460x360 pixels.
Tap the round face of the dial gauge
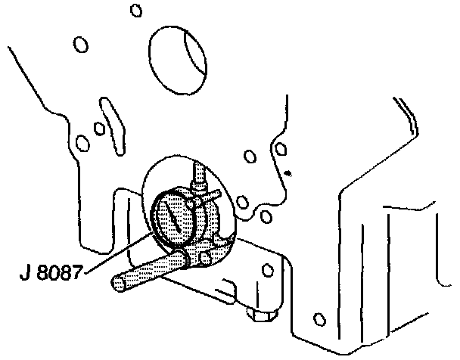tap(176, 219)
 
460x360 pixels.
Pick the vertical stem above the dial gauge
tap(199, 176)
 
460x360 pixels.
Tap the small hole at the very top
tap(135, 10)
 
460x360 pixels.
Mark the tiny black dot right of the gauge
tap(287, 174)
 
